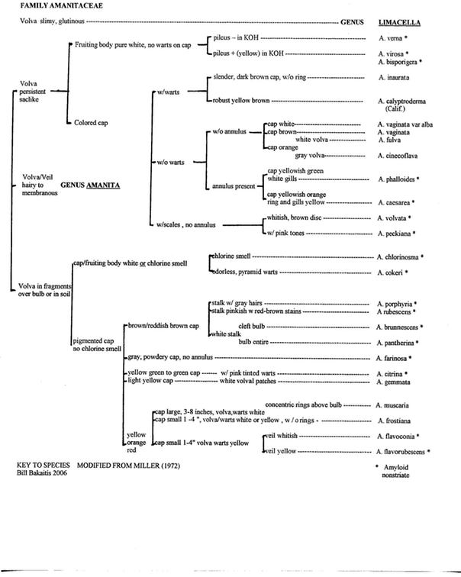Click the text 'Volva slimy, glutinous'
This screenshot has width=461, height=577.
point(45,21)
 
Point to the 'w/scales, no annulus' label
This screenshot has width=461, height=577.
point(185,224)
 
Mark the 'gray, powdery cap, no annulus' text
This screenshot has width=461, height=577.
point(169,356)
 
